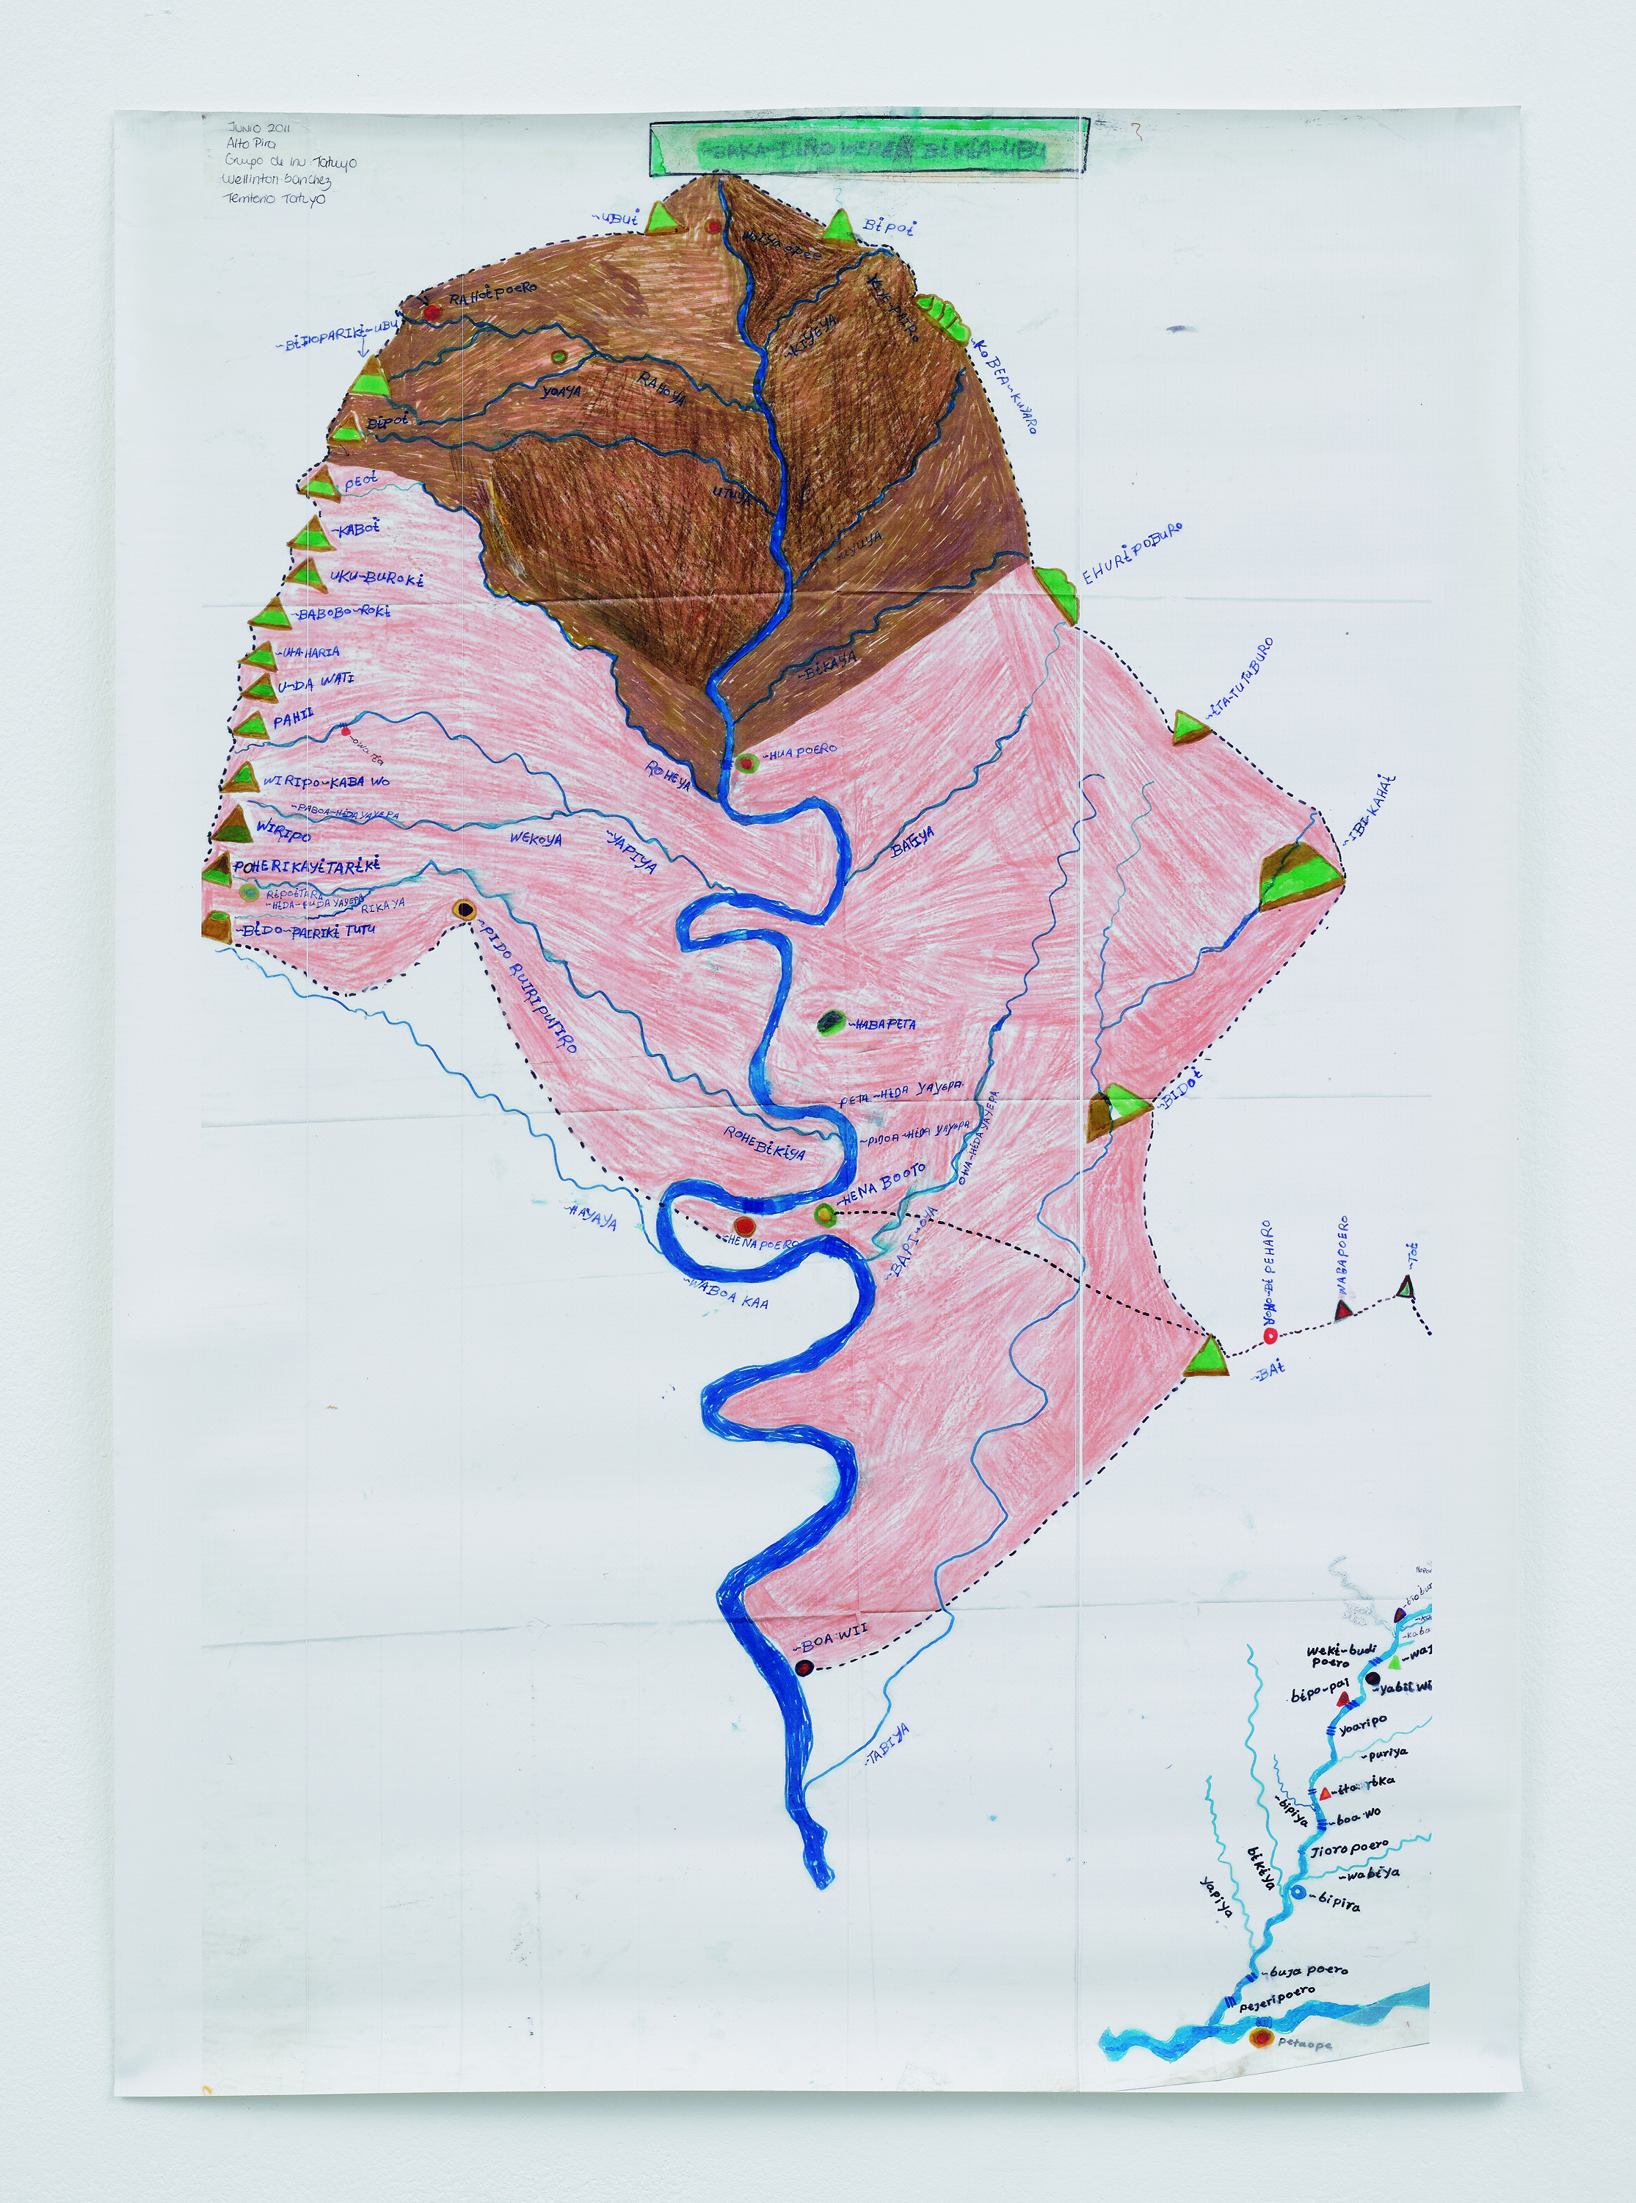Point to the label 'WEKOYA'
(x=536, y=839)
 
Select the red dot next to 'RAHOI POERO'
(x=432, y=312)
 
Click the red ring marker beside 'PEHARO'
(x=1270, y=1336)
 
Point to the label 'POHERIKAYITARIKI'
(x=307, y=866)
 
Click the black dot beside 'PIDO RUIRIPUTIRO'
(x=463, y=911)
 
